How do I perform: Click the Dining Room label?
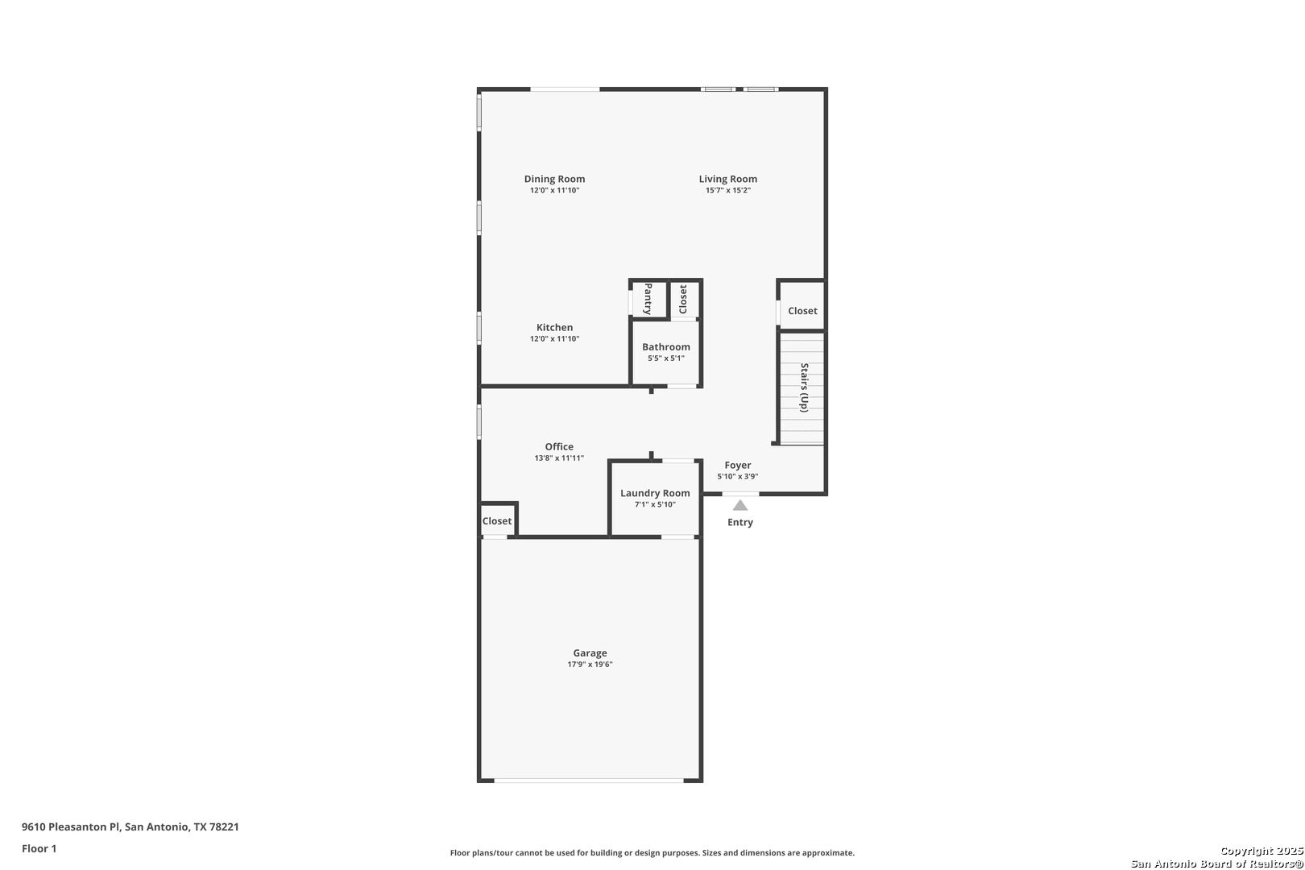click(x=554, y=179)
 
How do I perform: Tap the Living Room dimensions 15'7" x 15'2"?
click(x=727, y=190)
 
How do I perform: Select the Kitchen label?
click(x=554, y=328)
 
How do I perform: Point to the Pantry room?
click(x=648, y=300)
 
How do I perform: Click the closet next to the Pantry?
click(x=684, y=300)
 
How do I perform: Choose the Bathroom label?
click(x=666, y=346)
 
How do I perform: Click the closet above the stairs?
click(x=802, y=305)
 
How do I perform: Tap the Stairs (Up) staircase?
click(x=802, y=388)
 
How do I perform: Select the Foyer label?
click(x=738, y=465)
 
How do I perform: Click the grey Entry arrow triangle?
click(x=739, y=505)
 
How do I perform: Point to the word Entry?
click(x=739, y=522)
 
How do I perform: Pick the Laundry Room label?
click(x=655, y=493)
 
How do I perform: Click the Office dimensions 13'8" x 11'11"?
click(x=559, y=458)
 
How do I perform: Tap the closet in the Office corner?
click(x=497, y=520)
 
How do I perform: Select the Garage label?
click(x=590, y=653)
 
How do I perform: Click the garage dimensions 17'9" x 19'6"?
click(x=590, y=665)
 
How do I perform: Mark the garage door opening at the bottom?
click(x=589, y=781)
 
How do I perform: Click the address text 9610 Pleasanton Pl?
click(x=71, y=826)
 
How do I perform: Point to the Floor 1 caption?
click(x=39, y=849)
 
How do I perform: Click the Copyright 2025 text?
click(x=1261, y=851)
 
